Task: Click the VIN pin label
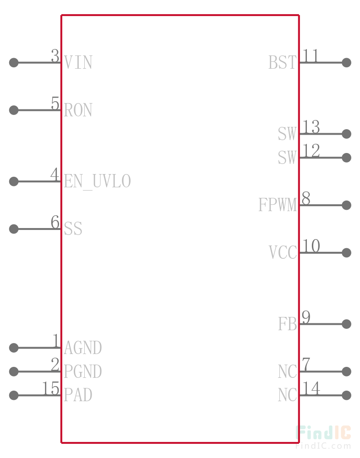click(x=78, y=62)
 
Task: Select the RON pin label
click(x=78, y=110)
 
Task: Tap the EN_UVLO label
click(x=97, y=181)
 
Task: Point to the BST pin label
click(x=283, y=62)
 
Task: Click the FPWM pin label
click(x=278, y=205)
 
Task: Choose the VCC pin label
click(x=283, y=252)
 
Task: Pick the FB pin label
click(x=287, y=324)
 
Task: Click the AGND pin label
click(x=83, y=348)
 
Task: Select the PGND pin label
click(x=83, y=371)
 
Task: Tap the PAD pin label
click(x=78, y=395)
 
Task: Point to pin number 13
click(x=311, y=127)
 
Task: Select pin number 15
click(x=51, y=388)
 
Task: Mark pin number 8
click(x=306, y=198)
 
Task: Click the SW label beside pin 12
click(x=287, y=158)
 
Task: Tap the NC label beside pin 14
click(x=287, y=395)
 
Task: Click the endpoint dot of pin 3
click(x=14, y=62)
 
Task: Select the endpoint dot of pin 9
click(x=347, y=324)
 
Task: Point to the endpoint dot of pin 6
click(x=14, y=229)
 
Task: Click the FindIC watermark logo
click(x=323, y=433)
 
